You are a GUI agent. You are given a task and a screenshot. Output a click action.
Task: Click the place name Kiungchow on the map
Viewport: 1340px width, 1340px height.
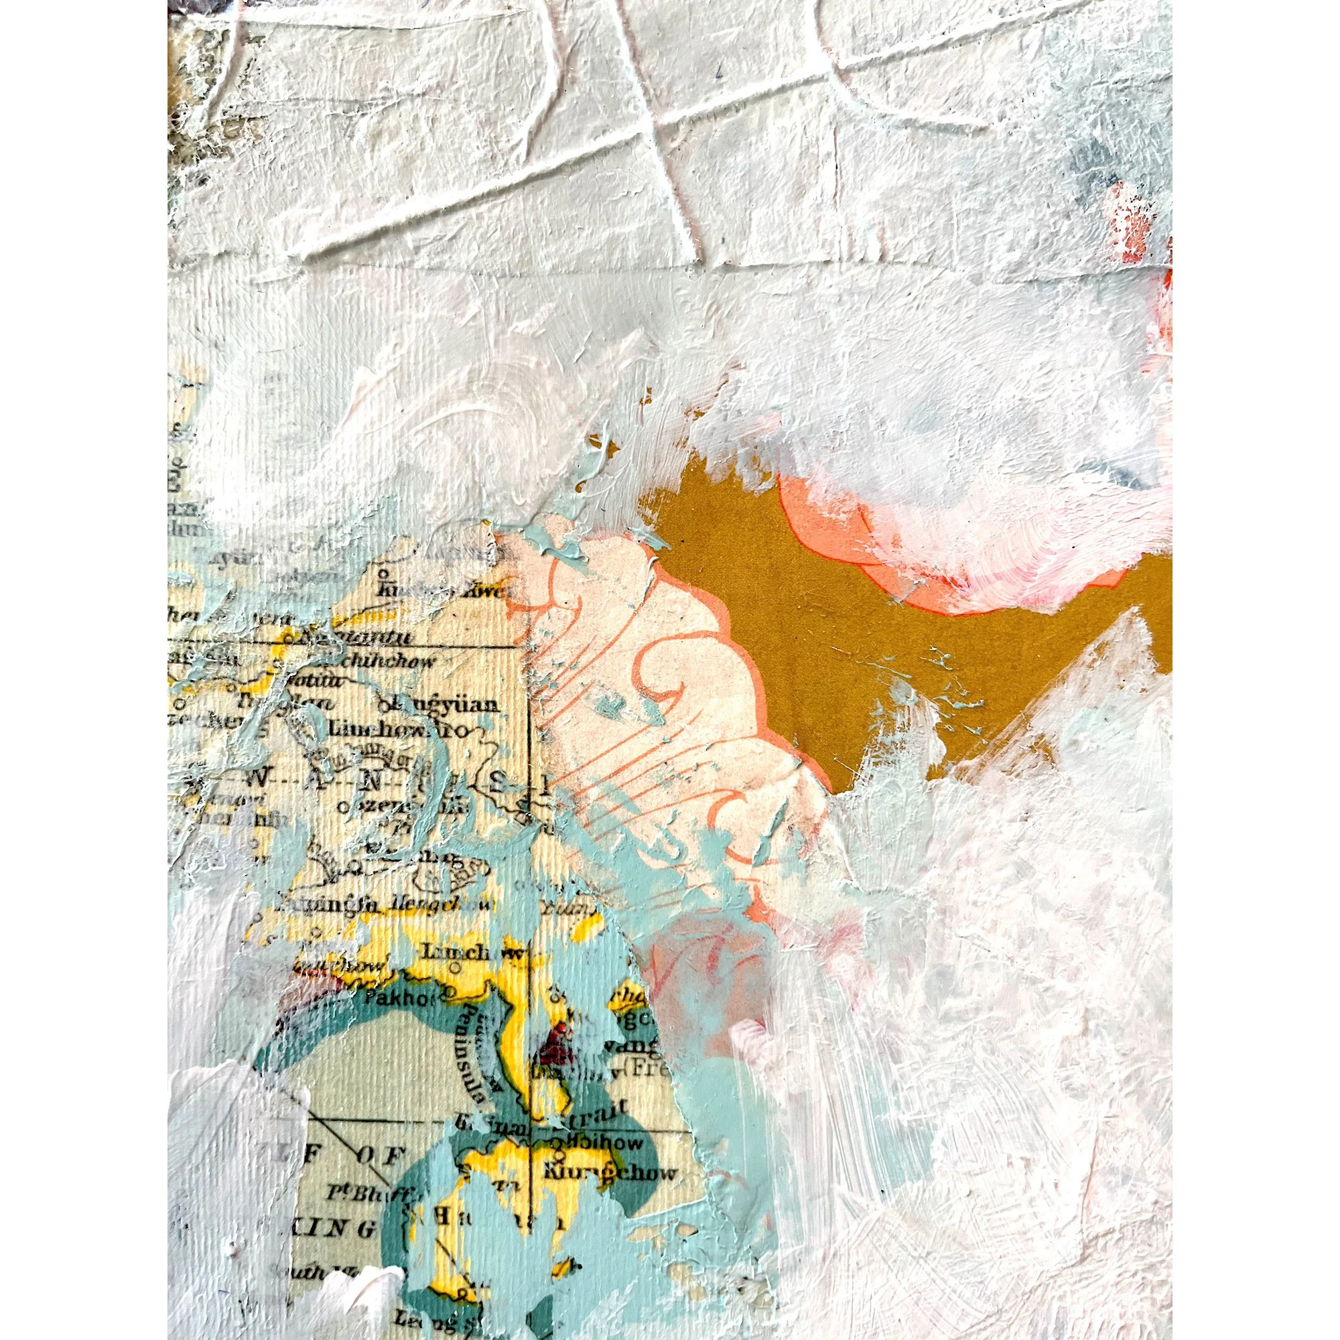(x=610, y=1174)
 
